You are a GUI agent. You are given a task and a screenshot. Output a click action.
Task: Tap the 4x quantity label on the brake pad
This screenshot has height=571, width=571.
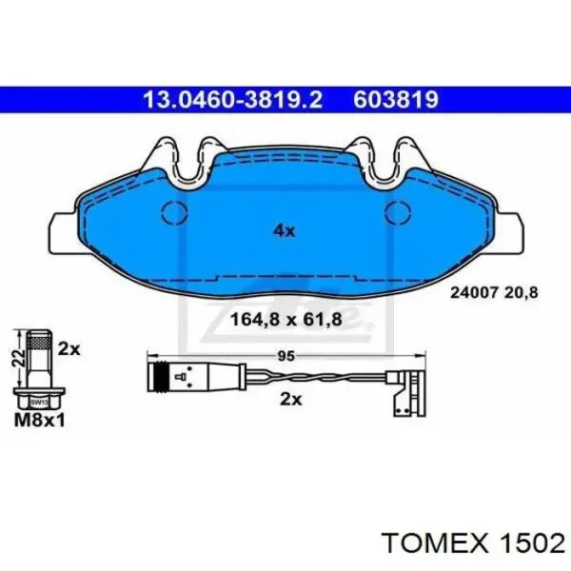point(285,228)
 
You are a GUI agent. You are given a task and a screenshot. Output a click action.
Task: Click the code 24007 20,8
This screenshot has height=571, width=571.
point(493,294)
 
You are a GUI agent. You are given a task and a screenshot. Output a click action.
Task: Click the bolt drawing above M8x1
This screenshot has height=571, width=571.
point(39,367)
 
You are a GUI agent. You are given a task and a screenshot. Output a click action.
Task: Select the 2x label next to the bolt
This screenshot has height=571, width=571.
point(69,349)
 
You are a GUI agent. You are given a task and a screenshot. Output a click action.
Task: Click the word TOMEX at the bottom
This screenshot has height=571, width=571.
point(431,541)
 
